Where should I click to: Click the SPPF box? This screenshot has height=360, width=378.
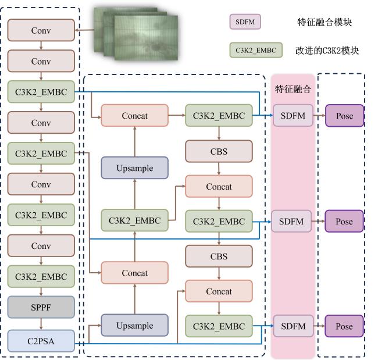[41, 306]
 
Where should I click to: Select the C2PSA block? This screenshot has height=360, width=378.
[41, 340]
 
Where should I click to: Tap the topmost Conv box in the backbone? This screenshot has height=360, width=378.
[41, 30]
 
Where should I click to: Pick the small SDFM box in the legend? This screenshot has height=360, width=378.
[245, 22]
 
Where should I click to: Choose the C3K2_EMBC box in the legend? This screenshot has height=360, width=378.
[256, 51]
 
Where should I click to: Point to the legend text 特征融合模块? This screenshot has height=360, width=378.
[324, 23]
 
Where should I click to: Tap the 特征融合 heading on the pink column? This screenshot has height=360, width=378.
[293, 90]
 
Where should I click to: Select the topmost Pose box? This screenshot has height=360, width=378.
[344, 116]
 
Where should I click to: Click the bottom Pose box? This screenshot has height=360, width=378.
[344, 326]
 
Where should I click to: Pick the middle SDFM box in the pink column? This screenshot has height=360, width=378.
[292, 221]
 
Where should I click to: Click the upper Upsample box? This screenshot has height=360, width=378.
[134, 168]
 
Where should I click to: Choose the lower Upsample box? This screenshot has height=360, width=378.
[134, 326]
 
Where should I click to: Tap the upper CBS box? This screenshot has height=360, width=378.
[219, 152]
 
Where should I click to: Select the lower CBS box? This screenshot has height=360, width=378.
[219, 256]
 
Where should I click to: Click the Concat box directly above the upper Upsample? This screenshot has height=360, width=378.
[134, 116]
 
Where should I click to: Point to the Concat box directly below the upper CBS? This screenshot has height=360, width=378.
[219, 187]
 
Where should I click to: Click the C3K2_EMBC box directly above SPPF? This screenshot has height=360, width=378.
[41, 277]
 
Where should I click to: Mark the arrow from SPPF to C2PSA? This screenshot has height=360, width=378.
[41, 323]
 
